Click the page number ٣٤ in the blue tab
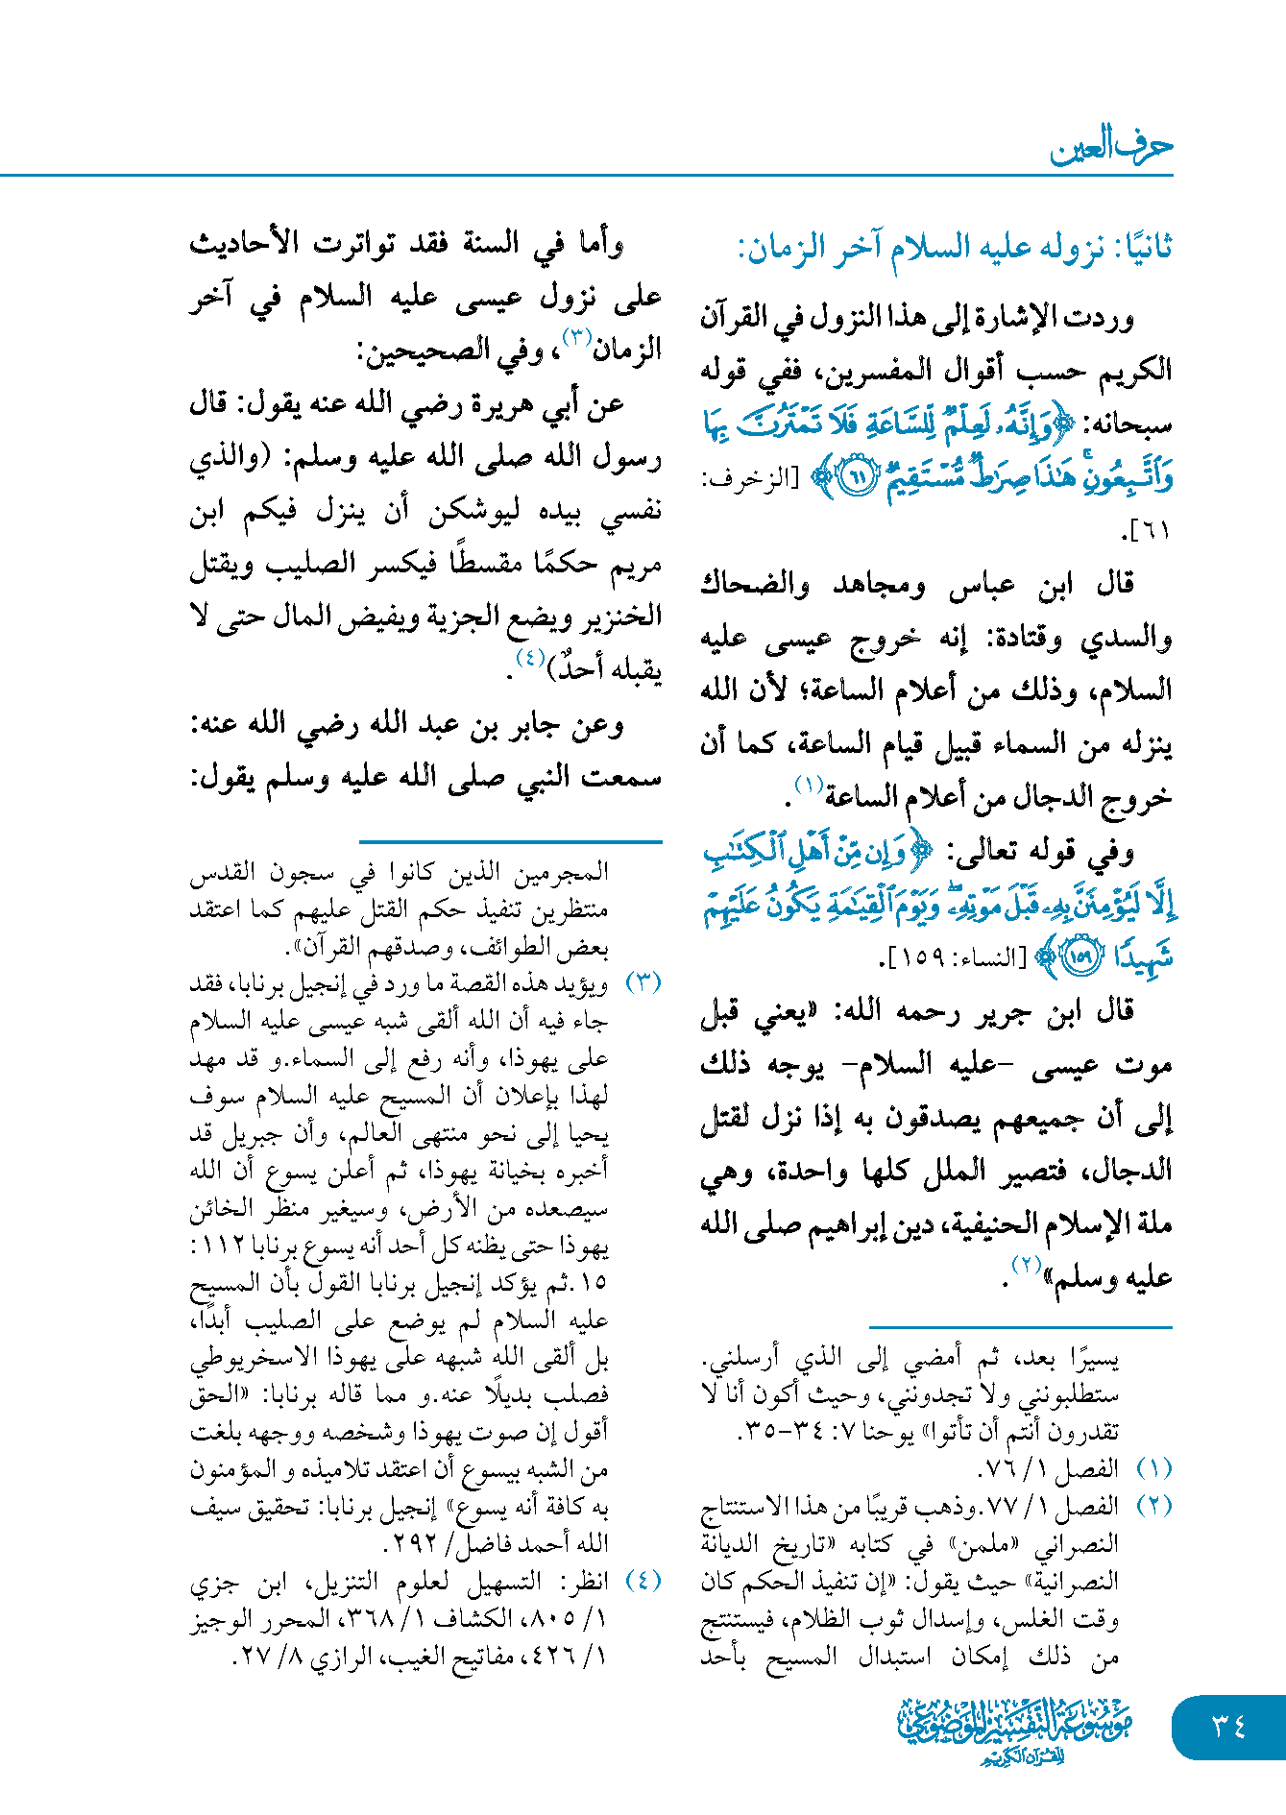tap(1228, 1727)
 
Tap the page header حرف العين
tap(1111, 146)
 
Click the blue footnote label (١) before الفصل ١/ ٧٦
tap(1153, 1468)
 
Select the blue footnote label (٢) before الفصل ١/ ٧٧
tap(1153, 1506)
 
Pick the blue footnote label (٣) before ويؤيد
tap(643, 983)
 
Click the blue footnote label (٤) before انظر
tap(643, 1581)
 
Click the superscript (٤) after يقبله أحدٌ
tap(530, 659)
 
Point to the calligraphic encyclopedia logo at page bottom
tap(1015, 1730)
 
